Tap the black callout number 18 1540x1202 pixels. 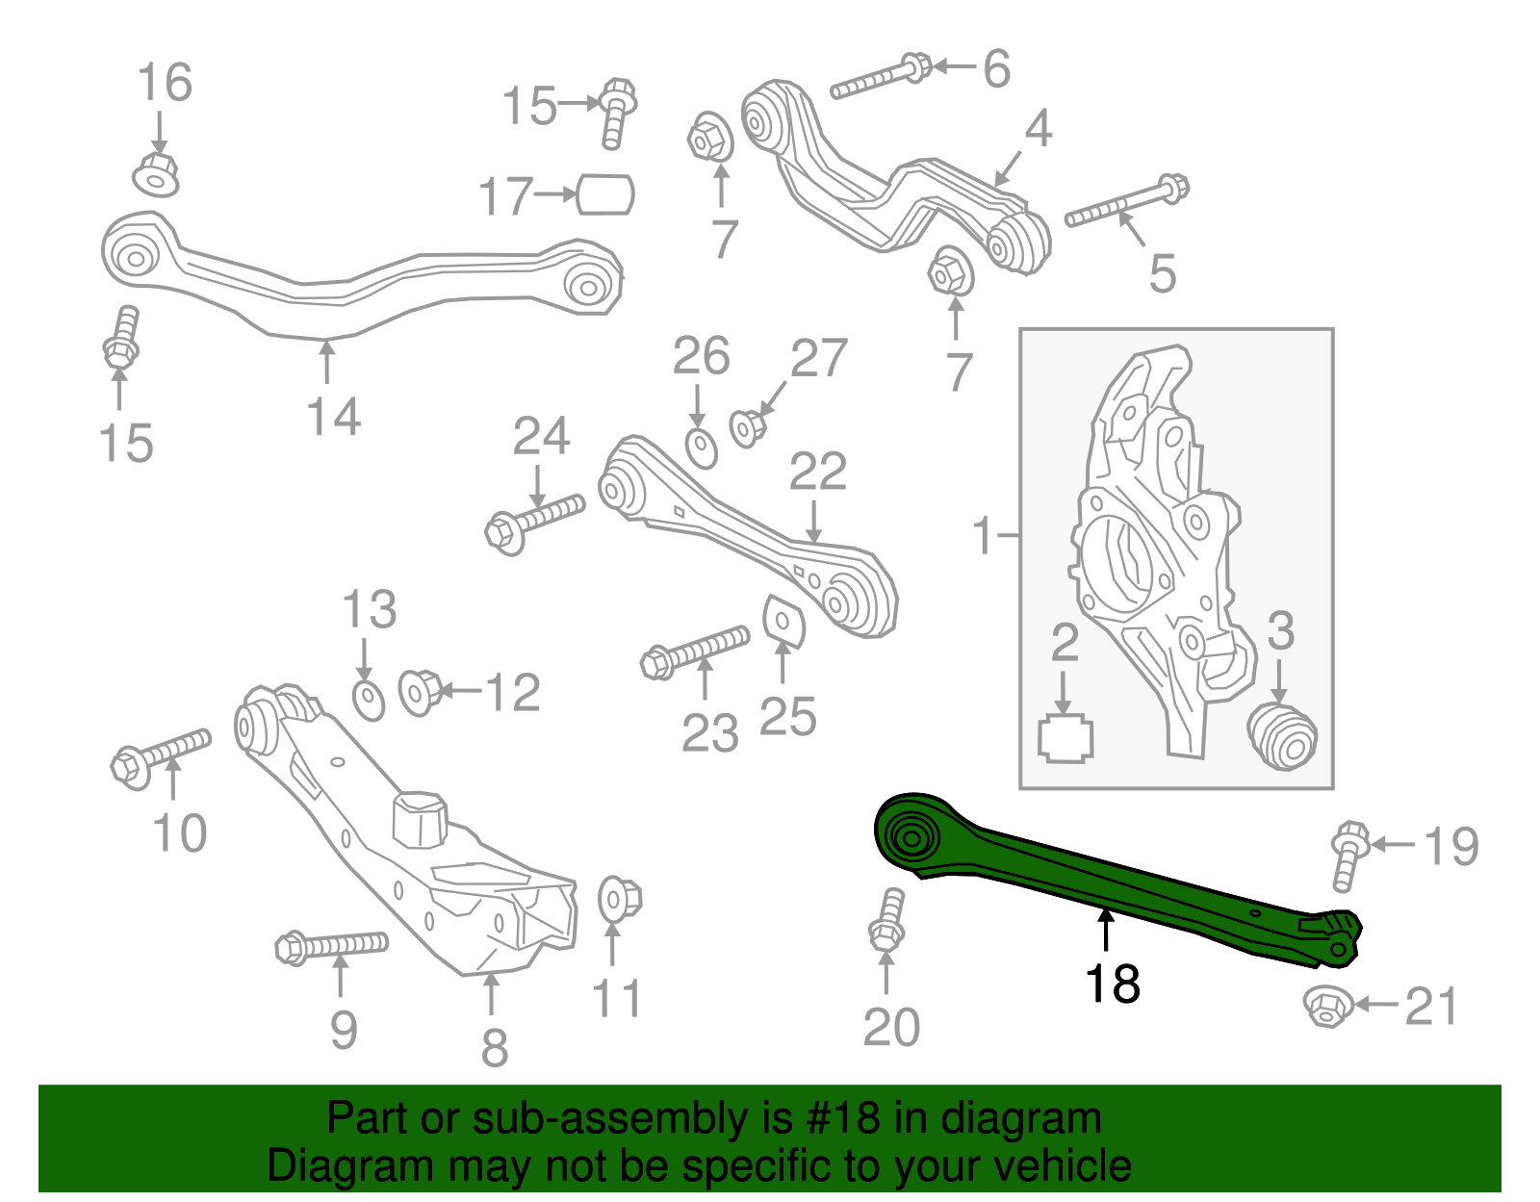(x=1112, y=984)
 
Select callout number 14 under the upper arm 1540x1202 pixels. (x=333, y=417)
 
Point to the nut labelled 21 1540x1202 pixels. (x=1325, y=1006)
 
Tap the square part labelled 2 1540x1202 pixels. (x=1065, y=739)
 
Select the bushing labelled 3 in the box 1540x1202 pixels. (x=1282, y=736)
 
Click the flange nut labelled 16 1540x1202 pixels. (x=156, y=174)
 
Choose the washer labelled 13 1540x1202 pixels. (x=369, y=700)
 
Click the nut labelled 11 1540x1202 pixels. (x=617, y=899)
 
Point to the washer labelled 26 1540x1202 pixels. (x=702, y=448)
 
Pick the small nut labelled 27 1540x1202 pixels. (x=746, y=427)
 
